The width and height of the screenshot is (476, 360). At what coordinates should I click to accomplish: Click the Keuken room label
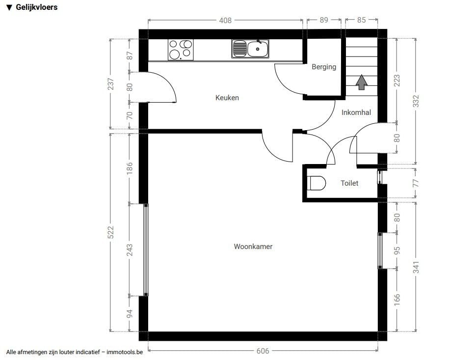[x=227, y=98]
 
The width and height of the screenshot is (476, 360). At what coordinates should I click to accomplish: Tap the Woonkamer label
[x=253, y=247]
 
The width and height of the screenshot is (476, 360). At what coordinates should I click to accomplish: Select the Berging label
[x=324, y=67]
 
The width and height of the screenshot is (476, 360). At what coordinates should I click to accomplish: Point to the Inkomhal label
[x=356, y=112]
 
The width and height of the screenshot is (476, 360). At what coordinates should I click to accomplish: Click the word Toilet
[x=349, y=183]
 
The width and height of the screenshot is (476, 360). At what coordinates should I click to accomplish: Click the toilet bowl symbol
[x=317, y=183]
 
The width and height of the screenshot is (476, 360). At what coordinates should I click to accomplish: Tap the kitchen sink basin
[x=258, y=49]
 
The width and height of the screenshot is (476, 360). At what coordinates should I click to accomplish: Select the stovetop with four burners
[x=181, y=50]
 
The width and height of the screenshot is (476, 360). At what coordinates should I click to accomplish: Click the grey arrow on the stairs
[x=361, y=83]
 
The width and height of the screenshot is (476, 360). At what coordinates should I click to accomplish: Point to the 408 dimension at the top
[x=225, y=20]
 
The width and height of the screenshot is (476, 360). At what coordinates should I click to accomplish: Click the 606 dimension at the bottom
[x=263, y=351]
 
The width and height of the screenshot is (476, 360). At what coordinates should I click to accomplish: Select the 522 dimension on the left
[x=111, y=232]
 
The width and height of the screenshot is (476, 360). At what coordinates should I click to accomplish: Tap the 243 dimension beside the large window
[x=130, y=249]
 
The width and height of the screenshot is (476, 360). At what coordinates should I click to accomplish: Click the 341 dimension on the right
[x=416, y=267]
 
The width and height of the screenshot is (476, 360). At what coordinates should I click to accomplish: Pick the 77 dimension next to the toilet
[x=416, y=183]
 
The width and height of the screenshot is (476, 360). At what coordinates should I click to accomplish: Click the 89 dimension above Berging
[x=324, y=20]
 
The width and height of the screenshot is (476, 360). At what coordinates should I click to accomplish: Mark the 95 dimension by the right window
[x=397, y=250]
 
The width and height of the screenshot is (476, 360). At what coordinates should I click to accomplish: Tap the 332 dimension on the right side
[x=416, y=101]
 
